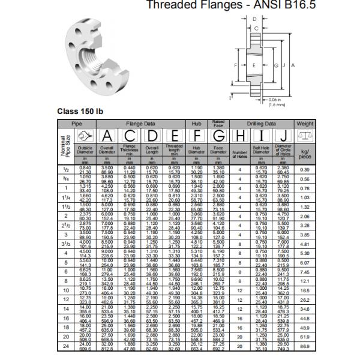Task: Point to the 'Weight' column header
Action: (x=305, y=123)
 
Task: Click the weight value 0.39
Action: (x=305, y=170)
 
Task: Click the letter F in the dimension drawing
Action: (x=236, y=64)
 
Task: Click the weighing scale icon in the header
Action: (x=305, y=136)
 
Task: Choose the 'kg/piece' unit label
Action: (x=305, y=154)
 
